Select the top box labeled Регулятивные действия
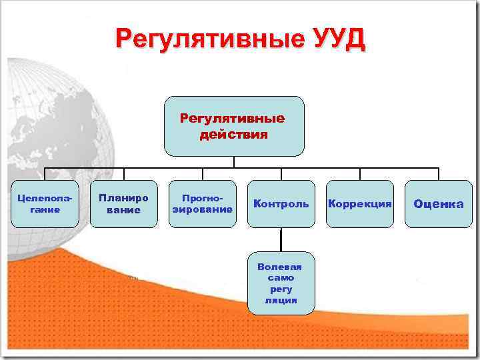point(234,126)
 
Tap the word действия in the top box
point(234,135)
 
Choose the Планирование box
point(123,204)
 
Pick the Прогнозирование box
point(202,204)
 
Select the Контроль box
point(281,204)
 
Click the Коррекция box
point(359,204)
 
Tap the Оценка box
point(438,204)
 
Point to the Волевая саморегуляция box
point(281,283)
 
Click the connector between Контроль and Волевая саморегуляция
point(281,241)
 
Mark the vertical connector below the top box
point(234,162)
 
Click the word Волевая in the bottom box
point(281,267)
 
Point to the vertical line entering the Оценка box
point(438,174)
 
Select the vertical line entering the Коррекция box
point(359,174)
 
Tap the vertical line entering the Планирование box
point(123,174)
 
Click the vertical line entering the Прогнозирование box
point(202,174)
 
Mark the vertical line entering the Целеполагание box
point(45,174)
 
